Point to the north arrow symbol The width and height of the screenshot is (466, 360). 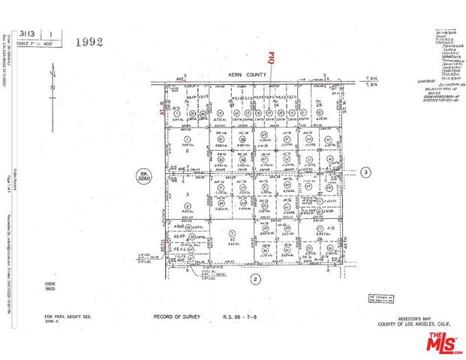coord(53,80)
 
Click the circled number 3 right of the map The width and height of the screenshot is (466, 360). coord(365,172)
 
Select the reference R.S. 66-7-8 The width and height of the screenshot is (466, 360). coord(240,317)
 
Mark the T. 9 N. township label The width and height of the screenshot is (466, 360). coord(369,77)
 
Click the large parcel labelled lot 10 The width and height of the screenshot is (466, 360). coord(233,239)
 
